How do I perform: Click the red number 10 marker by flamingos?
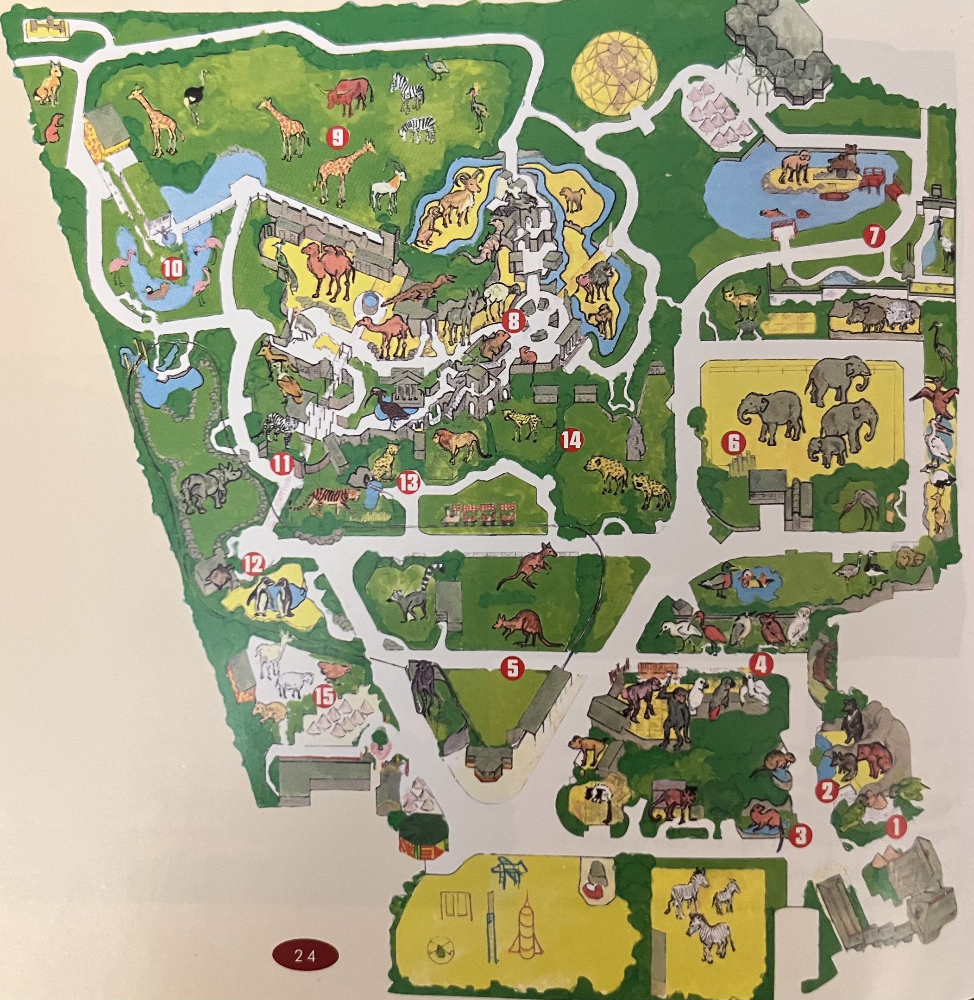173,269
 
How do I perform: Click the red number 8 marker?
514,321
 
